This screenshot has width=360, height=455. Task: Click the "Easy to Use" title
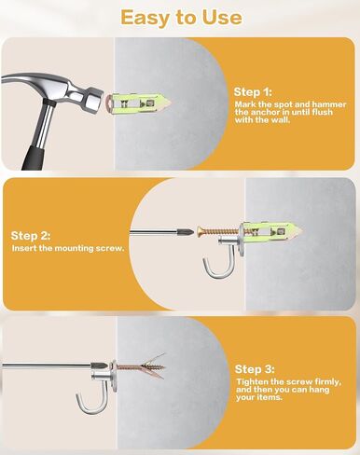pos(181,18)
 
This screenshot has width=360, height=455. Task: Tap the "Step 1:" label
pos(253,92)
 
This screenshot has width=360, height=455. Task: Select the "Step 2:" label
pos(31,236)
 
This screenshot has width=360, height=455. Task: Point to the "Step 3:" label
pos(255,369)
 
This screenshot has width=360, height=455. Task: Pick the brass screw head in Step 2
pos(200,231)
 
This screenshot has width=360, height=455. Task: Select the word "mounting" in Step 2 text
pos(74,248)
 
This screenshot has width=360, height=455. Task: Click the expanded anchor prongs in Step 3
pos(153,366)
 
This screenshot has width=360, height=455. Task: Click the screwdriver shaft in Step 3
pos(47,365)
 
